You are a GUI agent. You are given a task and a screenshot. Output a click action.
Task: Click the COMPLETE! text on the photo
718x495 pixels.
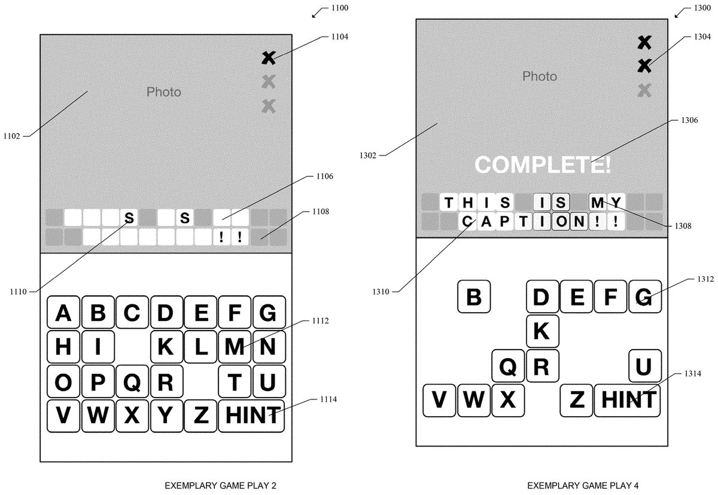click(x=543, y=164)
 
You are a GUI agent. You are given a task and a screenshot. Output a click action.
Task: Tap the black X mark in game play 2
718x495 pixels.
click(x=269, y=57)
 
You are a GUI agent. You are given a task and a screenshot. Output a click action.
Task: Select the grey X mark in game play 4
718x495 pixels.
click(x=644, y=90)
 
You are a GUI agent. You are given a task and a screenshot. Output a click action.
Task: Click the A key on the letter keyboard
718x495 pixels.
click(x=63, y=312)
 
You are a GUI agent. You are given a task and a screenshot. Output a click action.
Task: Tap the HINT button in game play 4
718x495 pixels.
click(x=627, y=400)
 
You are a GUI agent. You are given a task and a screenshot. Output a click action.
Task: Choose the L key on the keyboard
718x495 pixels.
click(x=201, y=346)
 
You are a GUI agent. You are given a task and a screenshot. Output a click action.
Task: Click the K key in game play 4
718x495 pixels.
click(x=542, y=331)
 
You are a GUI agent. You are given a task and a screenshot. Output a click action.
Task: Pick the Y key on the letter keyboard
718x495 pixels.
click(x=166, y=415)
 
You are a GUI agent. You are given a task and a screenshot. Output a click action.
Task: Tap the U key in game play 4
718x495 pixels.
click(x=644, y=366)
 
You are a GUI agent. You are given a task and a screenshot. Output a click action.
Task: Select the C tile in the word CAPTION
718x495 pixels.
click(x=467, y=222)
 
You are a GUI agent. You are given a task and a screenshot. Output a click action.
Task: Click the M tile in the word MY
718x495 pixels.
click(x=597, y=202)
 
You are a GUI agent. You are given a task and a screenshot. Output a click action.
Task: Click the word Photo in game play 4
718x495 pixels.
click(x=539, y=77)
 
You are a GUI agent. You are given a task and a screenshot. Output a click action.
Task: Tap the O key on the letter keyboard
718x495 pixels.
click(x=63, y=381)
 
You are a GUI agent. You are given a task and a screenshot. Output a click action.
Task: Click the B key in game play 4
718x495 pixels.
click(x=474, y=297)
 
